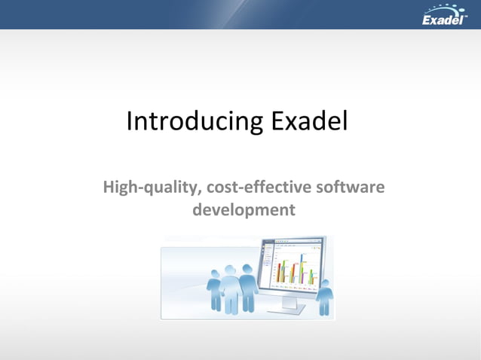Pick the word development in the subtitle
click(244, 209)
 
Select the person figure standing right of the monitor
click(323, 297)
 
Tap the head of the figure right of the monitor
click(324, 284)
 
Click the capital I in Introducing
click(130, 121)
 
